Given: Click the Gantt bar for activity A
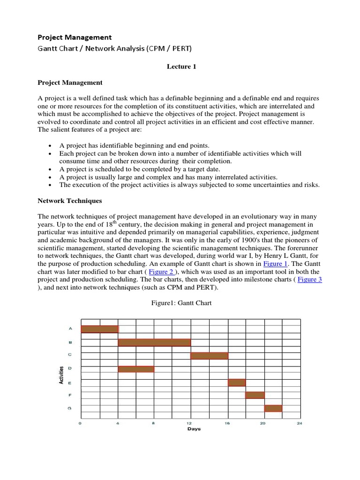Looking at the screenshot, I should pos(99,329).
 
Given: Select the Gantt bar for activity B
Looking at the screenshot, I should pos(154,343).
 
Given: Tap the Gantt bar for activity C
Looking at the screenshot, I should pos(209,356).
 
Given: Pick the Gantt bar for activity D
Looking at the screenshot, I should pos(136,369).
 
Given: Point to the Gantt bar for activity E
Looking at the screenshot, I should pos(237,382).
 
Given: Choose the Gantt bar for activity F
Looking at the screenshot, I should pos(255,395).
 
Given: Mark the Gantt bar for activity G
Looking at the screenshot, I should pos(273,408).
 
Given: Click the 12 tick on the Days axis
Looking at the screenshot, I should pos(190,423).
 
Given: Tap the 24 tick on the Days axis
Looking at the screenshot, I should pos(300,423).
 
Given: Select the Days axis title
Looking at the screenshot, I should pos(194,429).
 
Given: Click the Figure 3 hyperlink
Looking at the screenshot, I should pos(310,280).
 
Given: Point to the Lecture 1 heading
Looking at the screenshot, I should pos(181,67).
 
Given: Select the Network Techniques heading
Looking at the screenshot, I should pos(69,201).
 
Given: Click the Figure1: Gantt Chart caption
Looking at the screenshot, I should pos(181,303).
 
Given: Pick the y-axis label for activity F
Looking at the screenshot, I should pos(69,395).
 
